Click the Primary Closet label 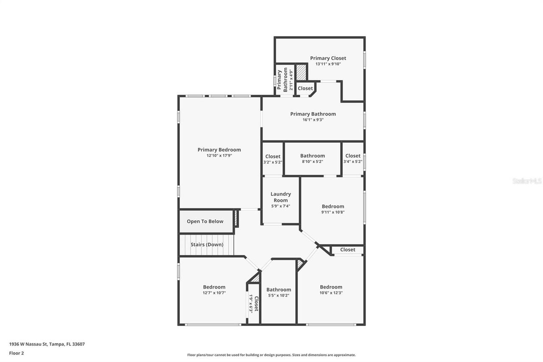[328, 58]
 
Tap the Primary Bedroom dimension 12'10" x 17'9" [219, 156]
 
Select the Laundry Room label [280, 197]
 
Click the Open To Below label [205, 222]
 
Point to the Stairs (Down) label [207, 244]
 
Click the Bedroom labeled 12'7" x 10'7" [214, 287]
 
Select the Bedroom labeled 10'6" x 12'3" [331, 287]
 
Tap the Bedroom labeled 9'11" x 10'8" [333, 207]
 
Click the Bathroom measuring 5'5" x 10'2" [278, 290]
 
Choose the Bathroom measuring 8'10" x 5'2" [312, 156]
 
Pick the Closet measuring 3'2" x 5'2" [273, 157]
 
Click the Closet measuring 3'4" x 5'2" [353, 156]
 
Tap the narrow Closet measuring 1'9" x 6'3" [253, 303]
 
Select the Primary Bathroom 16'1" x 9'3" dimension [313, 120]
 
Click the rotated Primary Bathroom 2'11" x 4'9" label [283, 80]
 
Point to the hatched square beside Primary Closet [301, 72]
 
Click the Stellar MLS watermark [527, 181]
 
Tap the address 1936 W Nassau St [47, 344]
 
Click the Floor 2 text [16, 353]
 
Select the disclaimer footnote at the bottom [271, 355]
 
